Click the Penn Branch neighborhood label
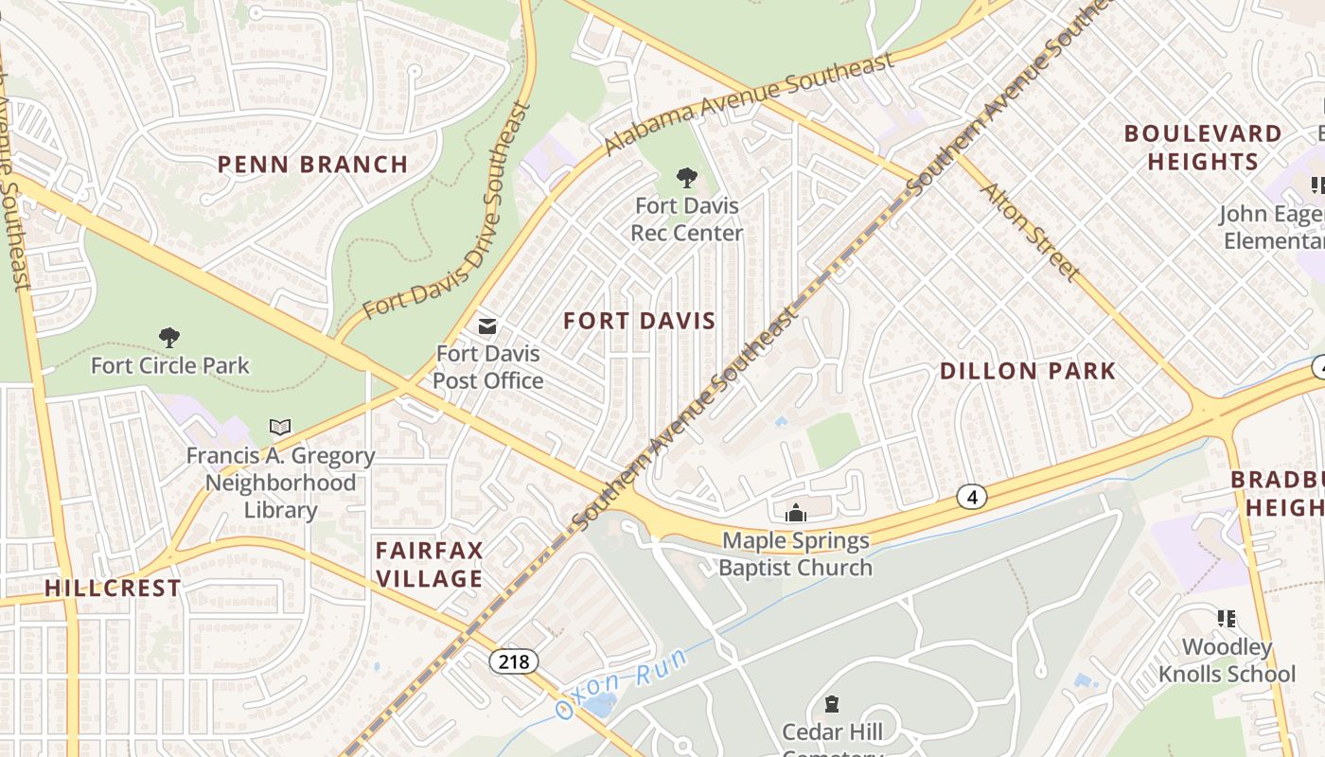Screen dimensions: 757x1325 pyautogui.click(x=312, y=165)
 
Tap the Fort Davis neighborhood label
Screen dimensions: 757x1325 pyautogui.click(x=640, y=321)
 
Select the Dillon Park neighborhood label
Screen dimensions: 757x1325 pyautogui.click(x=1028, y=371)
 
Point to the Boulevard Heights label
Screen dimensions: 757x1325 pyautogui.click(x=1203, y=147)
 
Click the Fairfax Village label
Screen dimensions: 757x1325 pyautogui.click(x=430, y=564)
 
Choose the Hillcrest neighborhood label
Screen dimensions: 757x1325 pyautogui.click(x=113, y=588)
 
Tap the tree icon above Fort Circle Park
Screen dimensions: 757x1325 pyautogui.click(x=169, y=338)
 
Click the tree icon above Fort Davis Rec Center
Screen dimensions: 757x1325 pyautogui.click(x=687, y=178)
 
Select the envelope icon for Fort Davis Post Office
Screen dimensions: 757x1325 pyautogui.click(x=487, y=327)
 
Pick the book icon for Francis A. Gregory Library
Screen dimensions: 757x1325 pyautogui.click(x=280, y=428)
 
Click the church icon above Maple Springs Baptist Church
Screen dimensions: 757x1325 pyautogui.click(x=796, y=513)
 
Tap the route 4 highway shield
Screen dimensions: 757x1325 pyautogui.click(x=971, y=496)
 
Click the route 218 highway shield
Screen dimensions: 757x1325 pyautogui.click(x=513, y=660)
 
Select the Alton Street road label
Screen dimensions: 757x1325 pyautogui.click(x=1031, y=232)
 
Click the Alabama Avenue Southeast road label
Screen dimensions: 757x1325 pyautogui.click(x=749, y=103)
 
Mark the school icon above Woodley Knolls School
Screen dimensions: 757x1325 pyautogui.click(x=1227, y=619)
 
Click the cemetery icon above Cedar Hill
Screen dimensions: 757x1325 pyautogui.click(x=832, y=704)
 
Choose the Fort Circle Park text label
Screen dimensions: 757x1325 pyautogui.click(x=170, y=365)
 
